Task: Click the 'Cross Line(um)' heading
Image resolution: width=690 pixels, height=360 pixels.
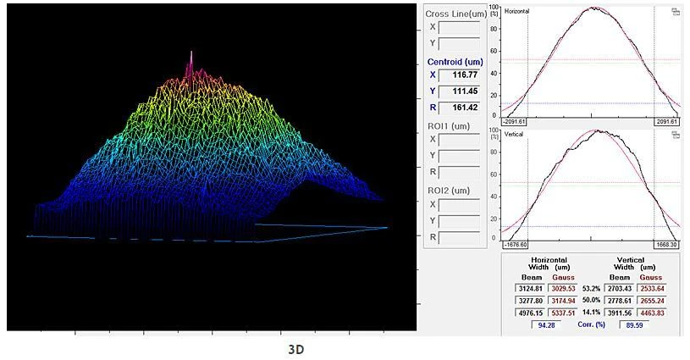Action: tap(455, 14)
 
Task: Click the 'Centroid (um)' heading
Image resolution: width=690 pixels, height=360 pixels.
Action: tap(455, 62)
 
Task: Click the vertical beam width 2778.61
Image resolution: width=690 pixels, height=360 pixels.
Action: tap(621, 301)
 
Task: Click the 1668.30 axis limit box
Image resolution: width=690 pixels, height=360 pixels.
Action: tap(665, 244)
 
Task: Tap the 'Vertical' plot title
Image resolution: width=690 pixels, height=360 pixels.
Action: tap(515, 134)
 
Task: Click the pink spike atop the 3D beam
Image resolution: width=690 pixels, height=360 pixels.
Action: tap(191, 59)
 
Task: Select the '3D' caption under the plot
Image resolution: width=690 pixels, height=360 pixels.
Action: tap(296, 348)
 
